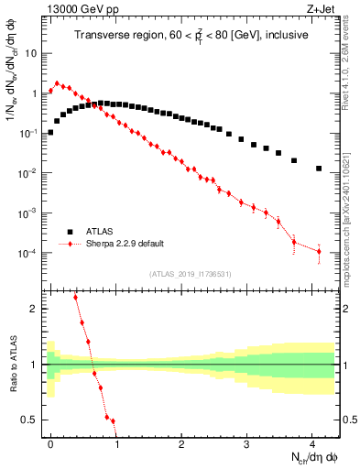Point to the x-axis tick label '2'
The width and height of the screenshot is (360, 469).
tap(182, 442)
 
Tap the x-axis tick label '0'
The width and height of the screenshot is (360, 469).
tap(51, 442)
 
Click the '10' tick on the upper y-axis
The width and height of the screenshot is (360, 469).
tap(31, 53)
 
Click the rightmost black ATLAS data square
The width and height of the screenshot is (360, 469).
tap(319, 169)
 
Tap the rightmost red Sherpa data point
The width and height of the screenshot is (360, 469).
tap(319, 251)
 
